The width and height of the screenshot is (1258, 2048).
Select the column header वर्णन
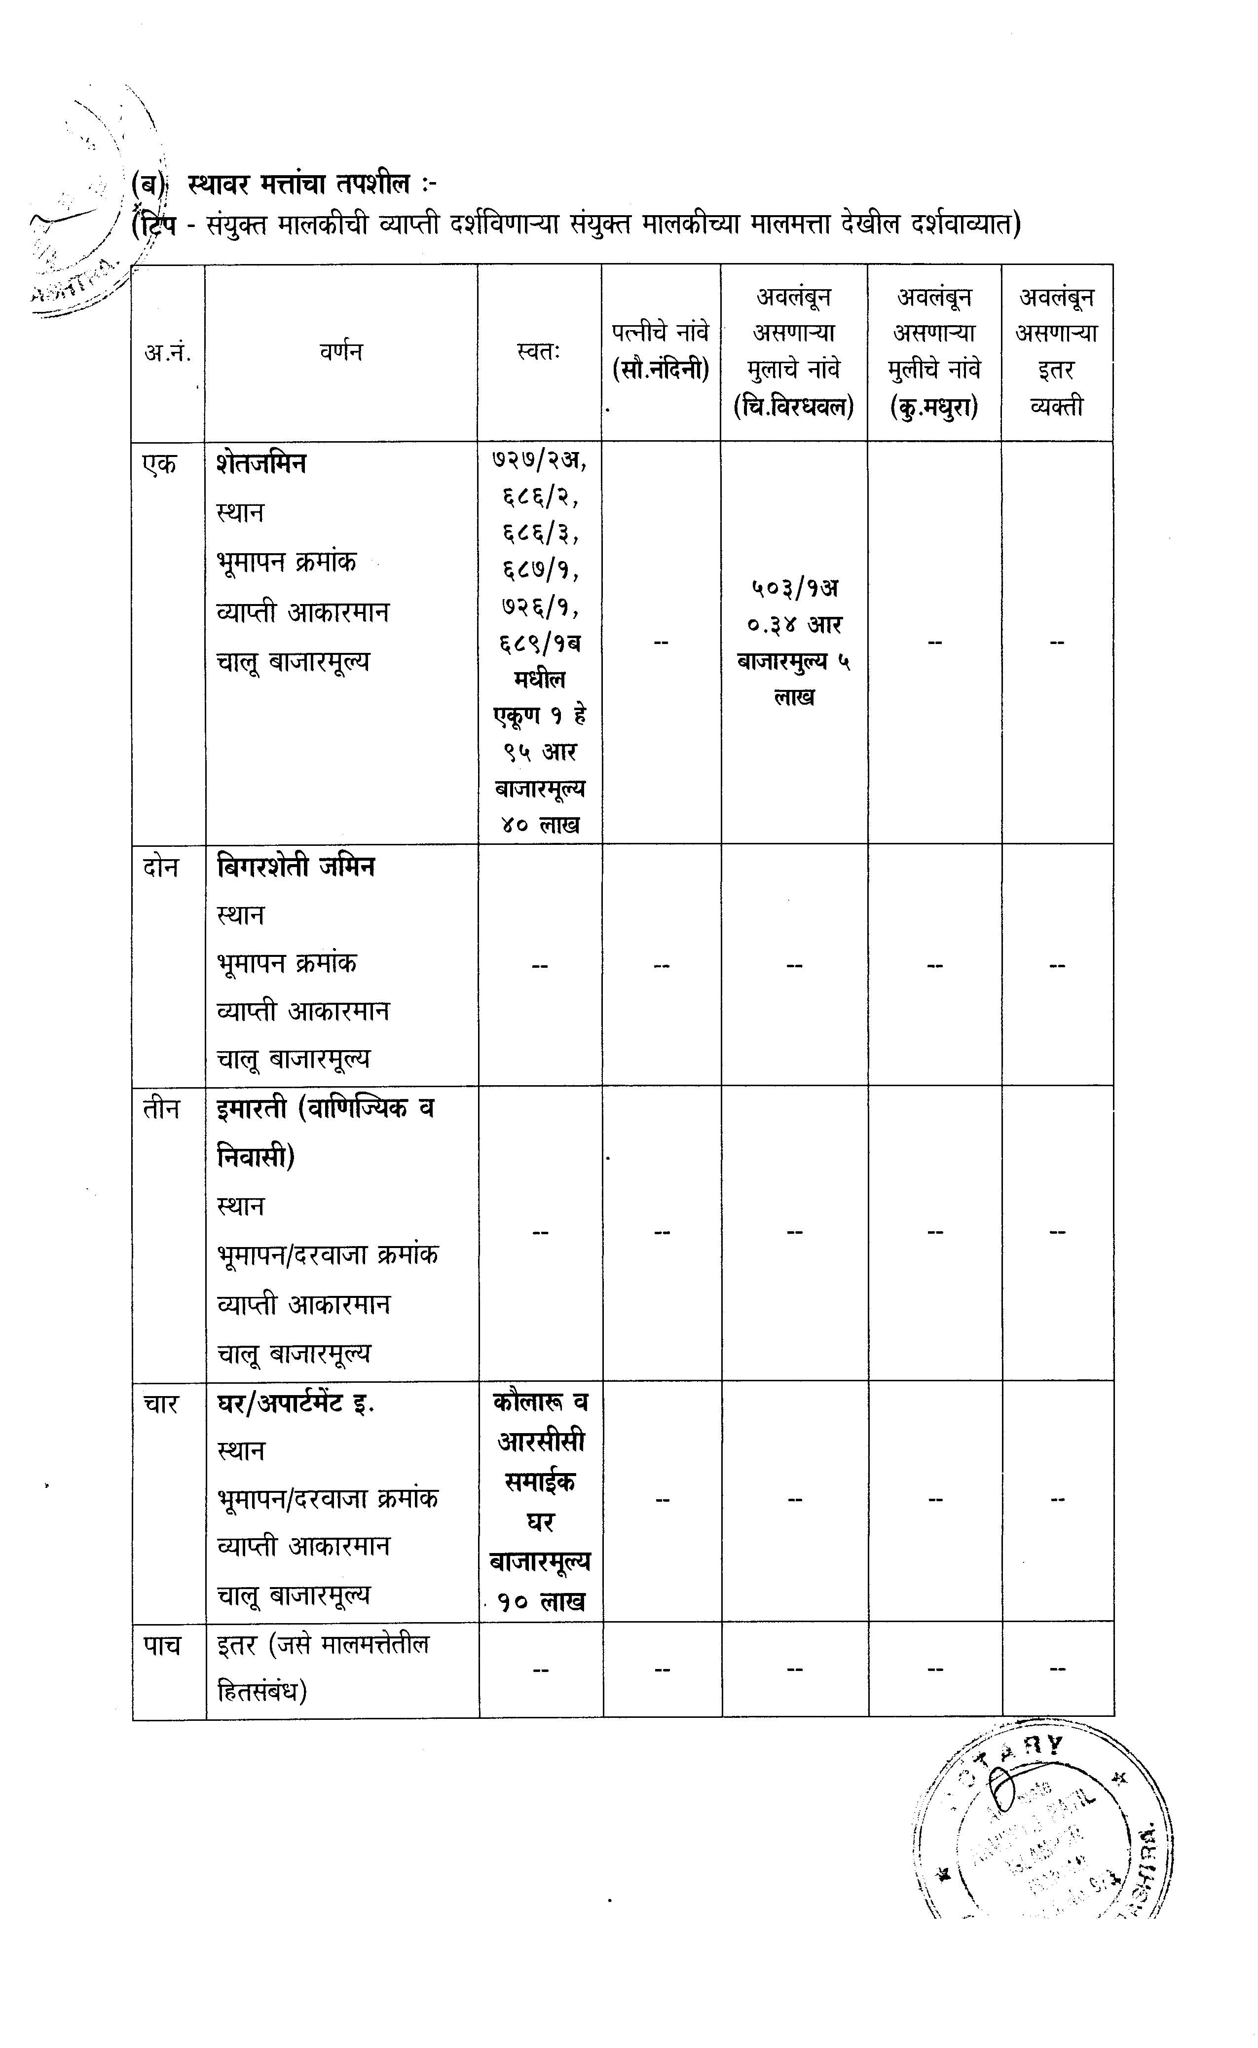coord(340,351)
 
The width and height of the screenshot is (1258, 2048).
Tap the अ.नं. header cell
coord(167,352)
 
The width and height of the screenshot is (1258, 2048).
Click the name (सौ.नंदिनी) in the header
coord(661,369)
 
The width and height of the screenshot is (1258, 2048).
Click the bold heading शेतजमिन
coord(260,463)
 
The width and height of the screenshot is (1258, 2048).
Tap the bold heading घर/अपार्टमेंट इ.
coord(296,1404)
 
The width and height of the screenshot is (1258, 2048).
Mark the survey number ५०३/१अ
coord(794,588)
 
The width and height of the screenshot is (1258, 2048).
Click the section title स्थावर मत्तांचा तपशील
coord(299,182)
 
